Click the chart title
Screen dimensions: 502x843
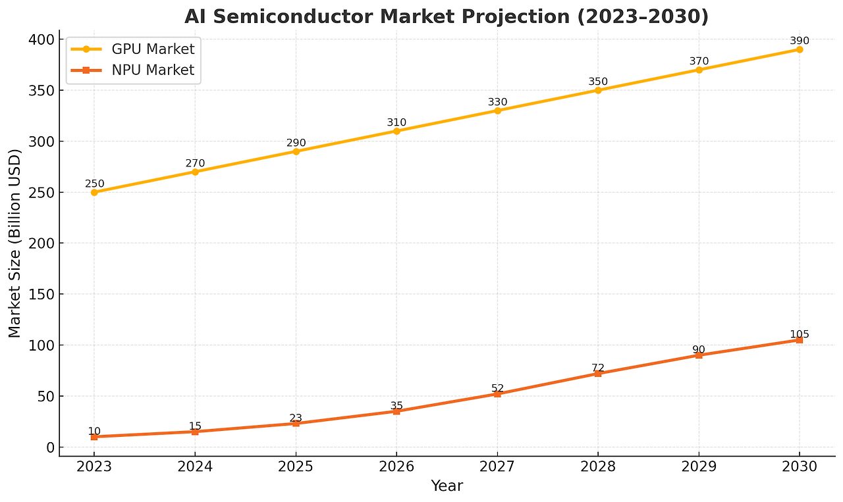[446, 16]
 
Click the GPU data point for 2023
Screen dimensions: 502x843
[94, 192]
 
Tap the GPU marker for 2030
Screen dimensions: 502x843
[800, 49]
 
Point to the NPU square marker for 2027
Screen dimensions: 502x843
[497, 393]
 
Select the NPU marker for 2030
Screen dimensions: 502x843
[800, 340]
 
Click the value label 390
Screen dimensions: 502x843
[800, 41]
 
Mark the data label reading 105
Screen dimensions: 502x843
[800, 335]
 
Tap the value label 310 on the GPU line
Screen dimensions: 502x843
[396, 122]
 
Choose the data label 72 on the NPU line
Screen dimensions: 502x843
[598, 368]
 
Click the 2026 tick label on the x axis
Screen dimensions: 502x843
[396, 467]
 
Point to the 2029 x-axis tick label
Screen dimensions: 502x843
[699, 467]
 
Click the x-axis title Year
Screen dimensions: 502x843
[447, 486]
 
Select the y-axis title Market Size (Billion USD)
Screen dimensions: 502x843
[15, 243]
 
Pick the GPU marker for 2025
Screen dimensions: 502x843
[296, 151]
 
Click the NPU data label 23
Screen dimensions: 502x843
[296, 418]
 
